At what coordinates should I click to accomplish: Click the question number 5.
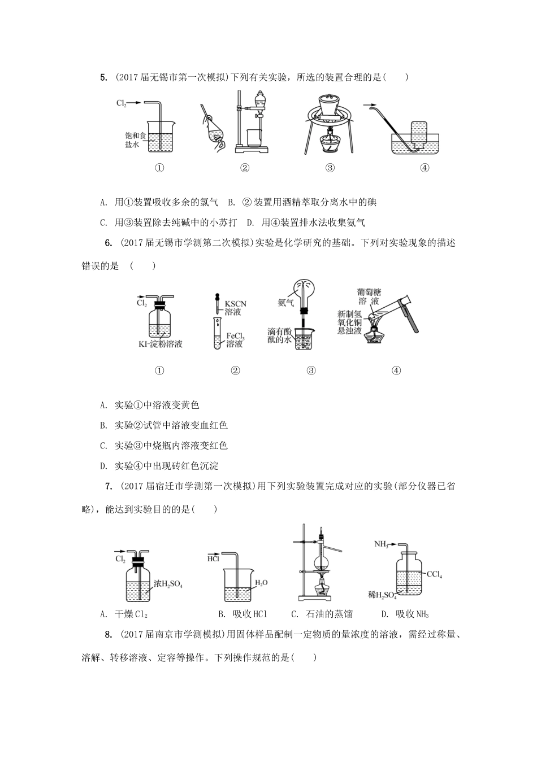(x=103, y=77)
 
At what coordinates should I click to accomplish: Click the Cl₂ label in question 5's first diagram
(x=121, y=103)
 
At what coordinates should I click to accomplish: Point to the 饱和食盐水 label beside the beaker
(x=135, y=140)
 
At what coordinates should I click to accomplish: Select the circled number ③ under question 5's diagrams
(x=330, y=168)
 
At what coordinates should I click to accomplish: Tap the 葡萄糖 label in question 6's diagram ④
(x=369, y=293)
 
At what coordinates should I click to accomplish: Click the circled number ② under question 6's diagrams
(x=236, y=370)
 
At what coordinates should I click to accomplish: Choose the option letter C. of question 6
(x=103, y=446)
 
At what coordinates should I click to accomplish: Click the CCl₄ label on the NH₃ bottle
(x=434, y=574)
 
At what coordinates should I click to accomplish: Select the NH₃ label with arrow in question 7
(x=382, y=544)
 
